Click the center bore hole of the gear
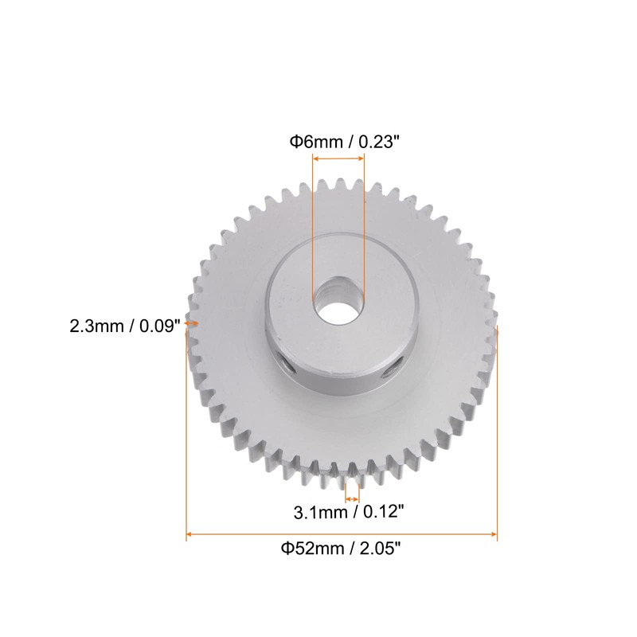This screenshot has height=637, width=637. click(338, 300)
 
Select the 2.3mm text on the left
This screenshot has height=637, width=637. click(100, 326)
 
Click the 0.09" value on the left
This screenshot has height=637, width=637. click(156, 326)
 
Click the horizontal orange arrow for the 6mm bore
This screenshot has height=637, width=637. click(338, 159)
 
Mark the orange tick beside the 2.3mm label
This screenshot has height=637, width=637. click(192, 324)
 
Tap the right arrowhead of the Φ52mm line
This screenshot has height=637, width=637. click(494, 535)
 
